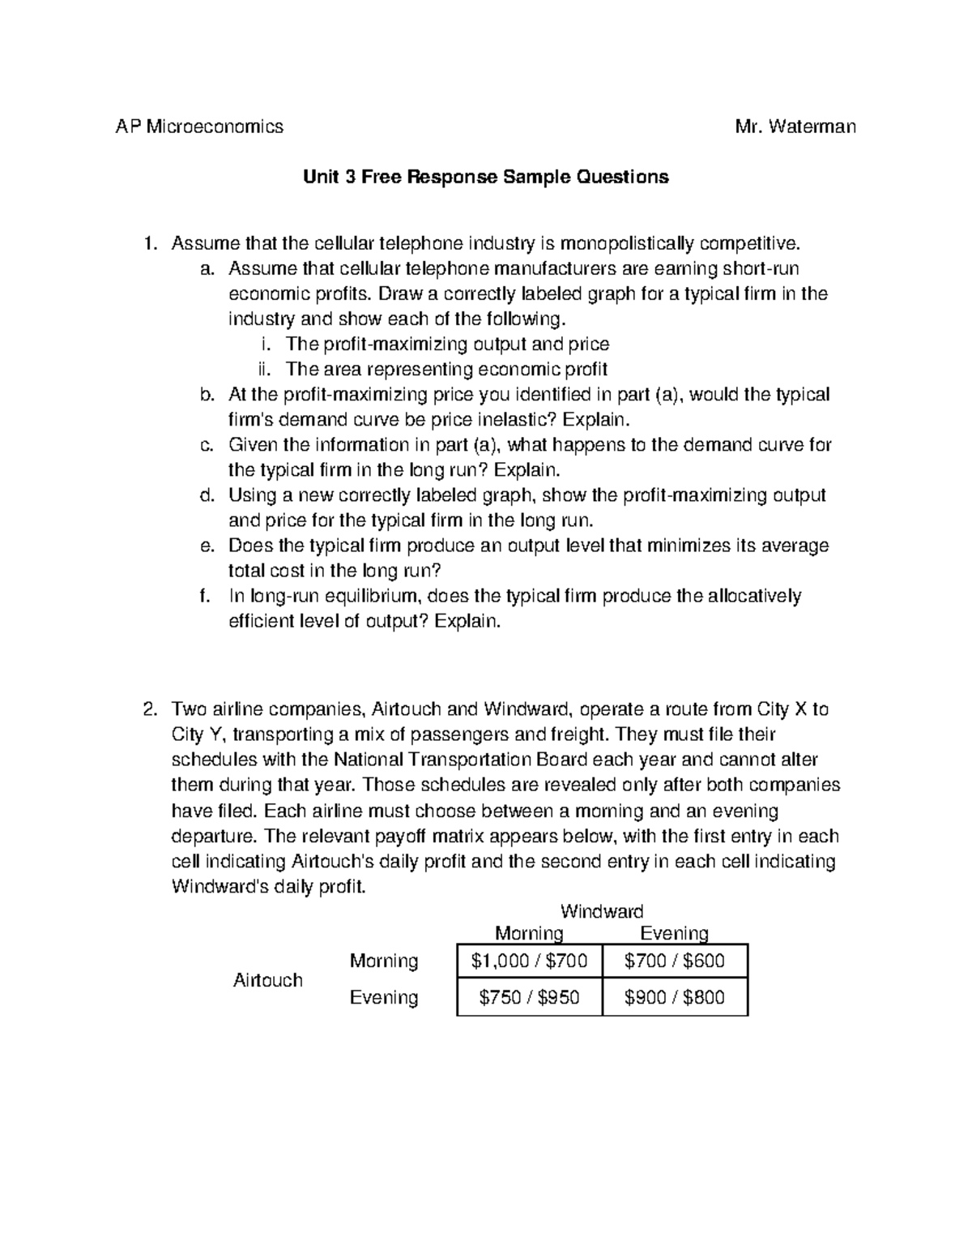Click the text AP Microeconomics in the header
[199, 126]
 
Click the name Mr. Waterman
[795, 126]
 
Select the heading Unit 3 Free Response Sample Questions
[486, 177]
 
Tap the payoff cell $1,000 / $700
[530, 961]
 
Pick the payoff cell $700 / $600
[675, 961]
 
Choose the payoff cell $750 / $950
[530, 997]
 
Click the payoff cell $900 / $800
[675, 997]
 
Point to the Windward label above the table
[602, 911]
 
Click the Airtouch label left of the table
[268, 980]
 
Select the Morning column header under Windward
[529, 933]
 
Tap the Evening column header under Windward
[675, 933]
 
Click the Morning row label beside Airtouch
[384, 961]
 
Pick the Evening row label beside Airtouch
[384, 997]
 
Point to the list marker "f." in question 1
[206, 597]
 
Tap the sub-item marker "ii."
[263, 370]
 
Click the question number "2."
[149, 710]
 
